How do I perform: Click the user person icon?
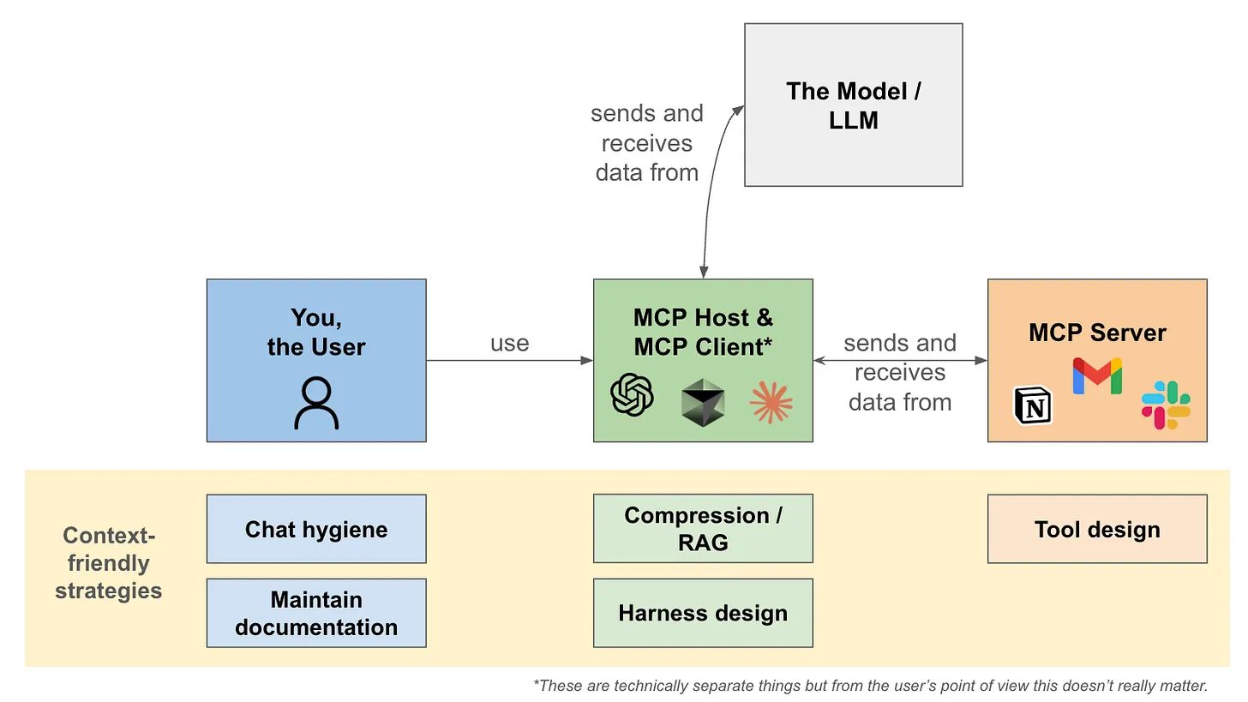(x=316, y=404)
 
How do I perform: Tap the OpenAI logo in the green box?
(x=632, y=395)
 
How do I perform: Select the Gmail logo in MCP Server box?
(x=1097, y=376)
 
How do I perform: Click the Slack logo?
(x=1166, y=405)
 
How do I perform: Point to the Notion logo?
(x=1033, y=405)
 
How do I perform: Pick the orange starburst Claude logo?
(x=771, y=402)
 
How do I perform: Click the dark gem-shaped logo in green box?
(x=703, y=402)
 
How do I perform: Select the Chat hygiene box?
(x=316, y=529)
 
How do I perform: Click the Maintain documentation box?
(x=316, y=613)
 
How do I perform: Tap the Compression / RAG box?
(x=703, y=528)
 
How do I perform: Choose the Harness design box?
(x=703, y=613)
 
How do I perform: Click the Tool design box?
(x=1097, y=529)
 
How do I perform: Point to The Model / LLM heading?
(x=853, y=105)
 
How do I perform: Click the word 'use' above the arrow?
(x=509, y=343)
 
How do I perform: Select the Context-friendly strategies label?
(x=108, y=563)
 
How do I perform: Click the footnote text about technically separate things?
(x=870, y=685)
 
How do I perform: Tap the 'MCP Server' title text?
(x=1097, y=333)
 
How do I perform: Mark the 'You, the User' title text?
(x=316, y=332)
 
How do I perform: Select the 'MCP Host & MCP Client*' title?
(x=703, y=332)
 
